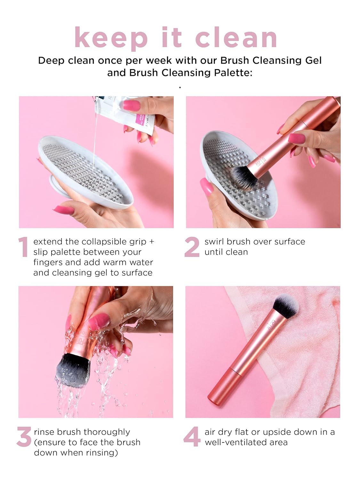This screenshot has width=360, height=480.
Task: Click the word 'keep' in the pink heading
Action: [x=111, y=37]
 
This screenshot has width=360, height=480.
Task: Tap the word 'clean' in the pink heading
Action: [x=236, y=37]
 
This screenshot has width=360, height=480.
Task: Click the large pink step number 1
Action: [x=23, y=247]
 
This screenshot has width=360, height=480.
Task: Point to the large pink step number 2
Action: [x=192, y=247]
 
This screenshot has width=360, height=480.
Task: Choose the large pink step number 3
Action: [x=24, y=436]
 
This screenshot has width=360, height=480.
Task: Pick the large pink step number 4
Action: [x=192, y=436]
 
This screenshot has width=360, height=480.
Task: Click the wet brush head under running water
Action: [x=73, y=370]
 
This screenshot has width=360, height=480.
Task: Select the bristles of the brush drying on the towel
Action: [x=286, y=306]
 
